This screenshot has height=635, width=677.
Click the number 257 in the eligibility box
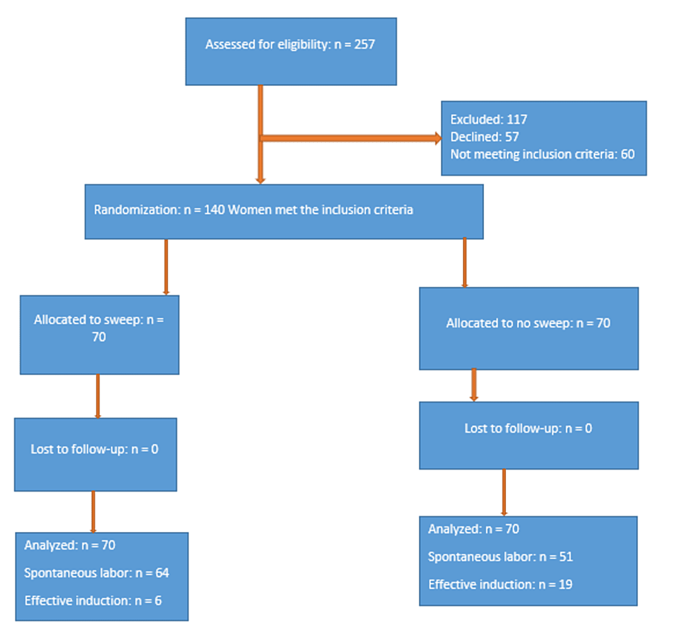coord(365,45)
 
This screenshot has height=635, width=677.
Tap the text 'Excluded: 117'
coord(489,119)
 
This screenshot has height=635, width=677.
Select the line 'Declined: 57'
coord(485,137)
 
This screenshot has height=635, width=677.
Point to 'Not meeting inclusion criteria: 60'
coord(542,154)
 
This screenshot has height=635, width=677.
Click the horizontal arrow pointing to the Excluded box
coord(351,138)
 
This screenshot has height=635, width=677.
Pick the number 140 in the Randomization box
coord(214,210)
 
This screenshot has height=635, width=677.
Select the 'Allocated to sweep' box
coord(100,334)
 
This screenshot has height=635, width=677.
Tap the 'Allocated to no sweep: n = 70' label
coord(528,323)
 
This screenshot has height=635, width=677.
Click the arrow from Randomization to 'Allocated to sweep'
coord(166,267)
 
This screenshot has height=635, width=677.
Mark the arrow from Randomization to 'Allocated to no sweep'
coord(465,263)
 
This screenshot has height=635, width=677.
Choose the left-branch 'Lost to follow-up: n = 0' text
coord(94,450)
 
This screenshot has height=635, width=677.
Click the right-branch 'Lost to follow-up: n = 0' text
coord(528,428)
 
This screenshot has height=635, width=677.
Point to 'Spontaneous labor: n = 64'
coord(97,573)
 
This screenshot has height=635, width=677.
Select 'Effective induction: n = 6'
coord(93,601)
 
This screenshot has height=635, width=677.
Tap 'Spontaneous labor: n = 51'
coord(501,557)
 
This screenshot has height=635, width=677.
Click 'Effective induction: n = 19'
coord(500,584)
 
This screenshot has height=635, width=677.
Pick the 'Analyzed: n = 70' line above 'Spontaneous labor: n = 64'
coord(69,545)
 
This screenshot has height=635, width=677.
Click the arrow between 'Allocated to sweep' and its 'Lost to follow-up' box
coord(97,396)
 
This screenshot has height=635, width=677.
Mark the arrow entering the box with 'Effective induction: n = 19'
coord(504,492)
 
